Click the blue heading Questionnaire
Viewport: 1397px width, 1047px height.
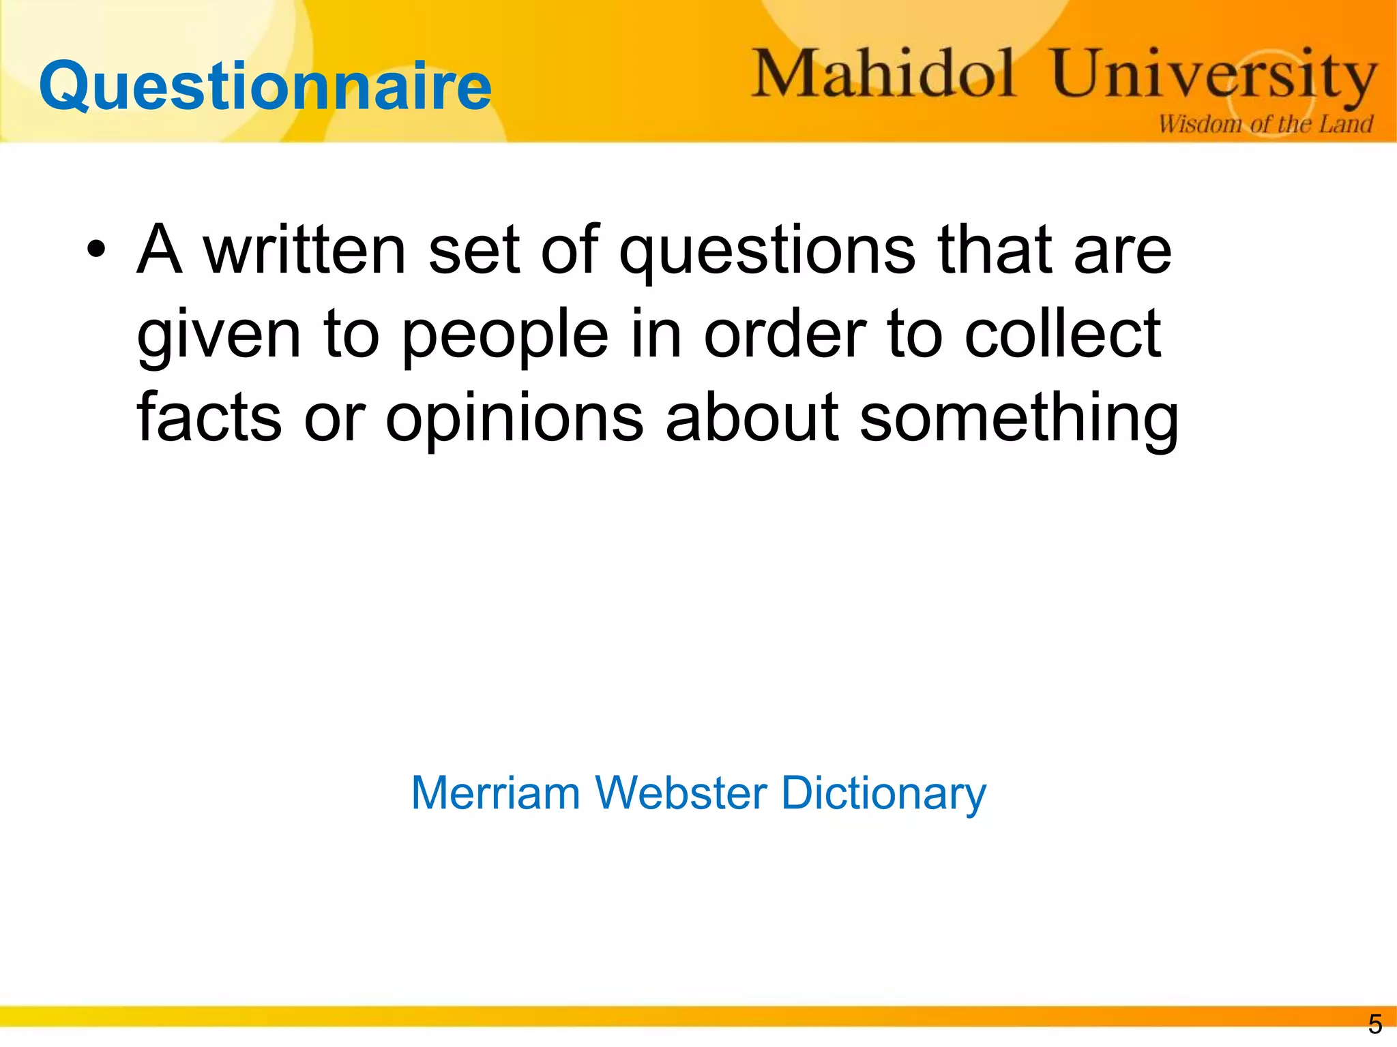tap(265, 87)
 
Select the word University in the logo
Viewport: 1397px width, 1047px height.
tap(1213, 76)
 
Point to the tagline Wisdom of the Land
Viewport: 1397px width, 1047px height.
tap(1265, 124)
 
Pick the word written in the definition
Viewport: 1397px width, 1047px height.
tap(305, 250)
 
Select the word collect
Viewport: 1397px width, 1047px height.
tap(1062, 333)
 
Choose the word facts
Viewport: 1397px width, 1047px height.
tap(209, 416)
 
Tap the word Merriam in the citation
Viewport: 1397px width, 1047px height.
tap(495, 793)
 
